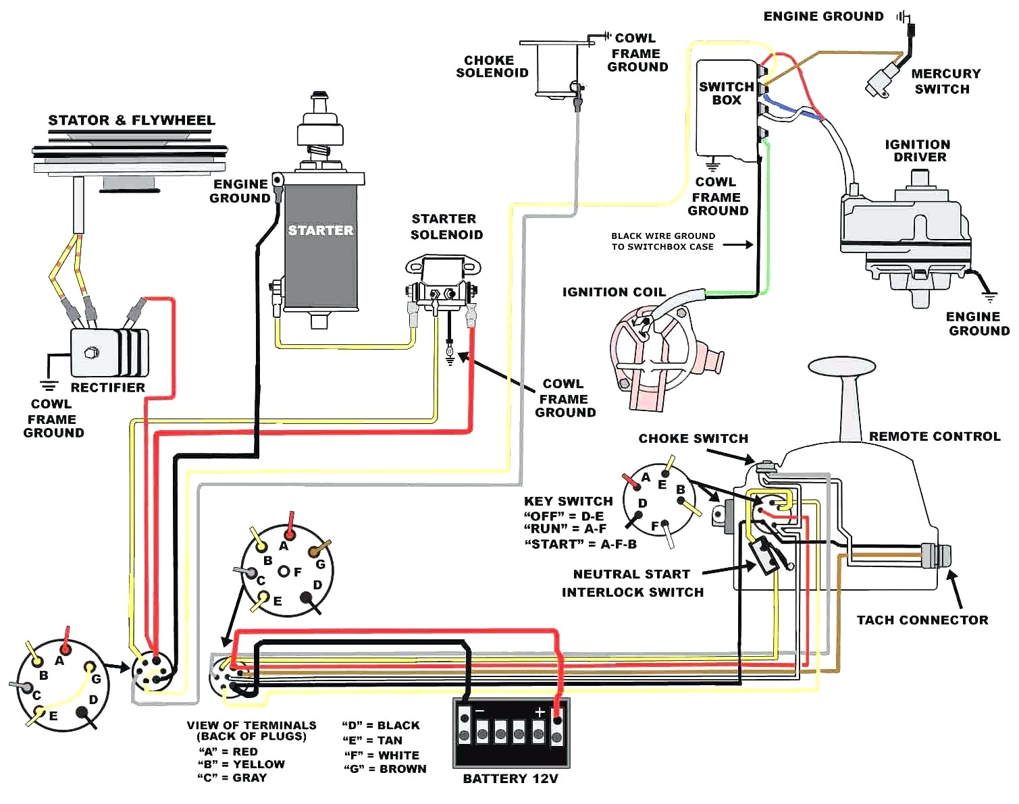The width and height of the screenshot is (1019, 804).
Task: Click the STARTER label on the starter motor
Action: pyautogui.click(x=321, y=230)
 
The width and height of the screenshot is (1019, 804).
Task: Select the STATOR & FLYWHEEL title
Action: pyautogui.click(x=131, y=121)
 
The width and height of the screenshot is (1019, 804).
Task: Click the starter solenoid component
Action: pyautogui.click(x=442, y=282)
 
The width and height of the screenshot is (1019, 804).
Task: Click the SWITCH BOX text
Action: pyautogui.click(x=726, y=93)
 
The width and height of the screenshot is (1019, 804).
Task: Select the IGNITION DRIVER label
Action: pyautogui.click(x=918, y=151)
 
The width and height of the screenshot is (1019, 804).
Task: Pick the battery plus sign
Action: pyautogui.click(x=540, y=712)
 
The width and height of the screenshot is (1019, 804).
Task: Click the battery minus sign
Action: pyautogui.click(x=479, y=712)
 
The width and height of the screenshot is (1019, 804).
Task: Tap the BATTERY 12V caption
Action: pyautogui.click(x=511, y=778)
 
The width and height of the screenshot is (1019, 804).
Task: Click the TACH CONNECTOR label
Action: pyautogui.click(x=922, y=620)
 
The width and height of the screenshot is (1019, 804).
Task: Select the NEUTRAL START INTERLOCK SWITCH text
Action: pyautogui.click(x=632, y=583)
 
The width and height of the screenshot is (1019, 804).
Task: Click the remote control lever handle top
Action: pyautogui.click(x=841, y=367)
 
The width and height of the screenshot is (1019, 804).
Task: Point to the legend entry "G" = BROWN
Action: pyautogui.click(x=385, y=768)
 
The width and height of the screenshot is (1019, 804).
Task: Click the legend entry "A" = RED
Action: pyautogui.click(x=228, y=751)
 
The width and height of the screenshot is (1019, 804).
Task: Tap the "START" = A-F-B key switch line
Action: pyautogui.click(x=580, y=544)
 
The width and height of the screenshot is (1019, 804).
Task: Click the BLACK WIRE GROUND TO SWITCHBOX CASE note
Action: pyautogui.click(x=662, y=241)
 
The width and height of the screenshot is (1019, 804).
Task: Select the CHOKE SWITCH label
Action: pyautogui.click(x=693, y=439)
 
